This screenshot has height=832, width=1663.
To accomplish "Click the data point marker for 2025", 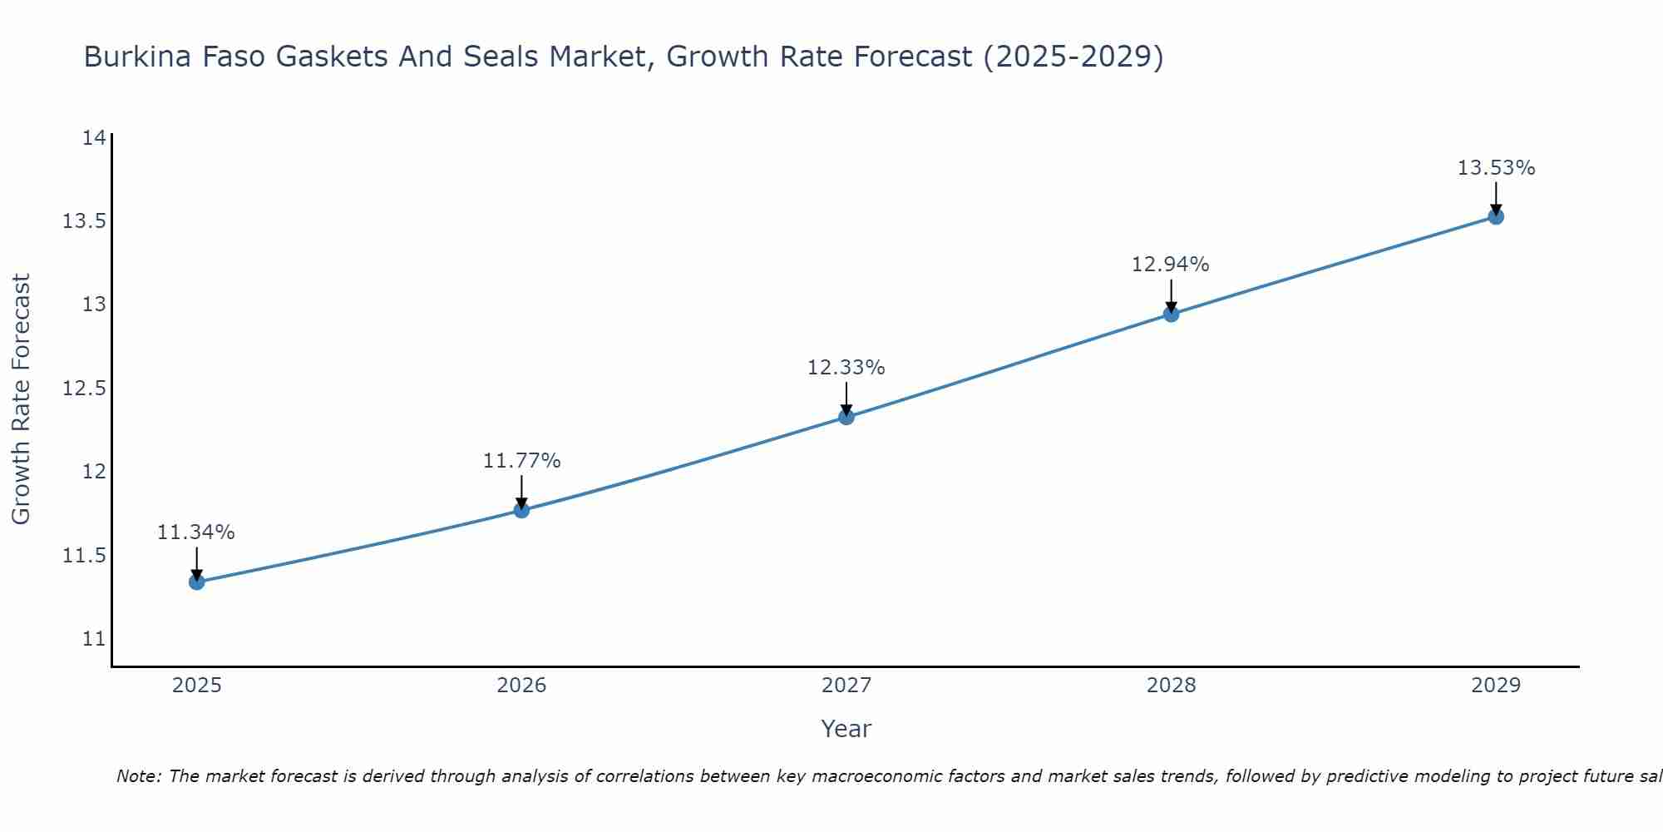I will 197,582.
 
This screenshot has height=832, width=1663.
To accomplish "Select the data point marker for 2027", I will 846,417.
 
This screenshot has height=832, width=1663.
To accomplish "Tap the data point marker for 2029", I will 1496,217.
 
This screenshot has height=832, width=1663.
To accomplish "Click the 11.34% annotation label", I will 196,532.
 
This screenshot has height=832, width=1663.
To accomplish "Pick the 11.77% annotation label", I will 522,461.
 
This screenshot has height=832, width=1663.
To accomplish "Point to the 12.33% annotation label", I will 846,368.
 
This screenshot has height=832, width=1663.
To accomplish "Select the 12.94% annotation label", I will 1171,265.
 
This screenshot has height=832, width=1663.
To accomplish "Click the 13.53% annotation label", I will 1496,168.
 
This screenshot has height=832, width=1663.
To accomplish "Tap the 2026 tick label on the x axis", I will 521,686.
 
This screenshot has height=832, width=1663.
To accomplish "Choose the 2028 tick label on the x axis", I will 1171,686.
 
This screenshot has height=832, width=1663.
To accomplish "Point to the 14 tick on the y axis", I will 94,138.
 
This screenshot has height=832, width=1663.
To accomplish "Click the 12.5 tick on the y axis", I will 85,389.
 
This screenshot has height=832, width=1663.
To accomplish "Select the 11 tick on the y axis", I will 94,639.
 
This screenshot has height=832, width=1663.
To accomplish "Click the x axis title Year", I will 846,729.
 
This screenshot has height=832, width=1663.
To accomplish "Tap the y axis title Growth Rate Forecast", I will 21,399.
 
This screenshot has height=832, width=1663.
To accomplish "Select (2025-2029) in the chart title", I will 1073,57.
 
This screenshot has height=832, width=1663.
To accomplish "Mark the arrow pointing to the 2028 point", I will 1171,295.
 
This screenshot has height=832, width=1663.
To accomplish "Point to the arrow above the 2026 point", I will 522,491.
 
